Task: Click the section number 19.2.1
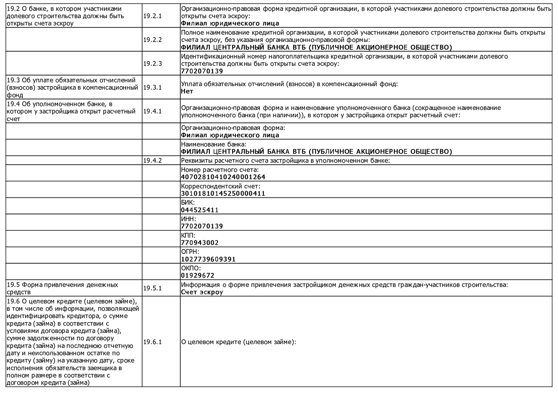(x=152, y=16)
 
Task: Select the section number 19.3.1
(x=152, y=88)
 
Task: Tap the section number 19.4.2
(x=152, y=161)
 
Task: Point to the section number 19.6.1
(x=152, y=342)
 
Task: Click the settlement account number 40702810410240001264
(x=223, y=177)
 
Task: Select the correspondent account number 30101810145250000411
(x=223, y=193)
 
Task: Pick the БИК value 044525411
(x=200, y=210)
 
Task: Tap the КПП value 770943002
(x=200, y=243)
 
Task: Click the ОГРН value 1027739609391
(x=208, y=259)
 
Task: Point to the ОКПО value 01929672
(x=197, y=275)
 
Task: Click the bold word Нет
(x=187, y=91)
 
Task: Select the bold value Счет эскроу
(x=202, y=292)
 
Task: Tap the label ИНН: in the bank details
(x=188, y=219)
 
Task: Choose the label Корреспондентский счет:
(x=220, y=186)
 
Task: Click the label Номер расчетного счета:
(x=220, y=170)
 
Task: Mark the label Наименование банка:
(x=213, y=144)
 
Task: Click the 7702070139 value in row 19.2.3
(x=202, y=71)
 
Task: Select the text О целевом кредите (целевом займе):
(x=238, y=342)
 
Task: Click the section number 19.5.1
(x=152, y=288)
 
